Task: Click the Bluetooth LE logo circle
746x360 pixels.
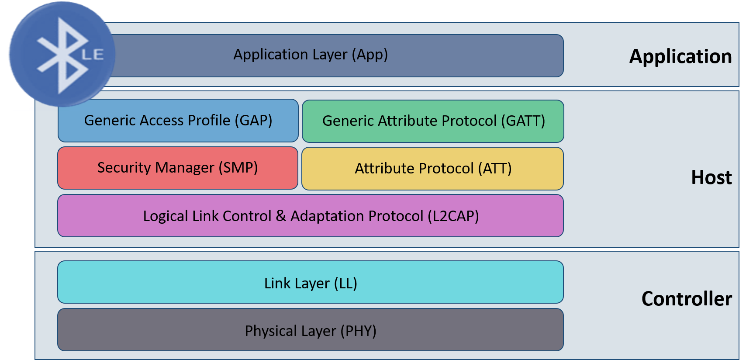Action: pyautogui.click(x=62, y=54)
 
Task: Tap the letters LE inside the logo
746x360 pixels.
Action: pyautogui.click(x=93, y=55)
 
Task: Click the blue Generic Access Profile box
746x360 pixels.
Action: pyautogui.click(x=178, y=121)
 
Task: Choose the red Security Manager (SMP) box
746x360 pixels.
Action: pyautogui.click(x=178, y=168)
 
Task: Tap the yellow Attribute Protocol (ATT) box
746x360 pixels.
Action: pyautogui.click(x=432, y=169)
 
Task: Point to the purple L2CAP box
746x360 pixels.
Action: pyautogui.click(x=311, y=216)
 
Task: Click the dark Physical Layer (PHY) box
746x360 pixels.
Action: pyautogui.click(x=311, y=330)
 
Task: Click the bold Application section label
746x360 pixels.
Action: pyautogui.click(x=680, y=57)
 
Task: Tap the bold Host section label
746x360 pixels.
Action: pyautogui.click(x=711, y=178)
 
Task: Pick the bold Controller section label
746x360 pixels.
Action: pyautogui.click(x=686, y=299)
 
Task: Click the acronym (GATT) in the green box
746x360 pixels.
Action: pyautogui.click(x=523, y=121)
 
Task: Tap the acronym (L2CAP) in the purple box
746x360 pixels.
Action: pyautogui.click(x=453, y=216)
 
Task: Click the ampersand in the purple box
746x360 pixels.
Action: pyautogui.click(x=281, y=216)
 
